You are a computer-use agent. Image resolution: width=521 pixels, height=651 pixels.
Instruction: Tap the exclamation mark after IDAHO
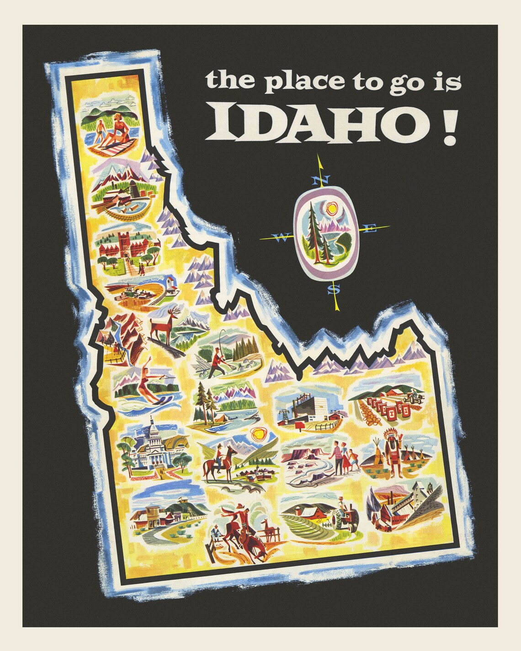[451, 123]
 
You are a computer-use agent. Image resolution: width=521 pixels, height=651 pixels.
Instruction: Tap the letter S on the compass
[335, 289]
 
